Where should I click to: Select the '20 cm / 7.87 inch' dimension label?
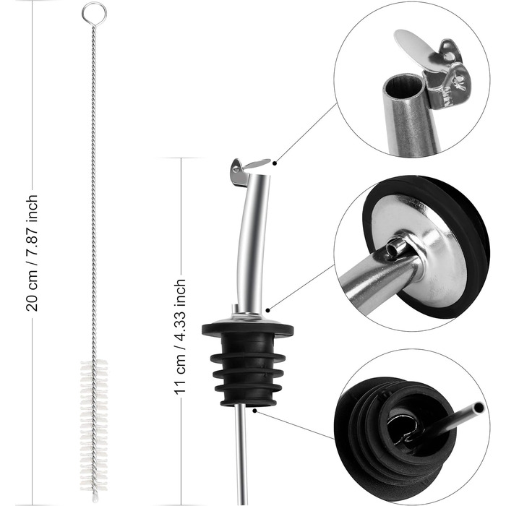tap(32, 253)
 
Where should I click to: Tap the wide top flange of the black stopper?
tap(247, 328)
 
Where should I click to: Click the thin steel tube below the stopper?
tap(241, 455)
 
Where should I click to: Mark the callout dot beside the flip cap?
tap(275, 163)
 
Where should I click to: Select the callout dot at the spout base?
tap(267, 310)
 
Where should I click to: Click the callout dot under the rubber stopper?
tap(254, 411)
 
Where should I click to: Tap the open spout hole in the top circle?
tap(403, 86)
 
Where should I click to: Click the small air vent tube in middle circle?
tap(398, 248)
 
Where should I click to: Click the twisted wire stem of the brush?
tap(94, 194)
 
